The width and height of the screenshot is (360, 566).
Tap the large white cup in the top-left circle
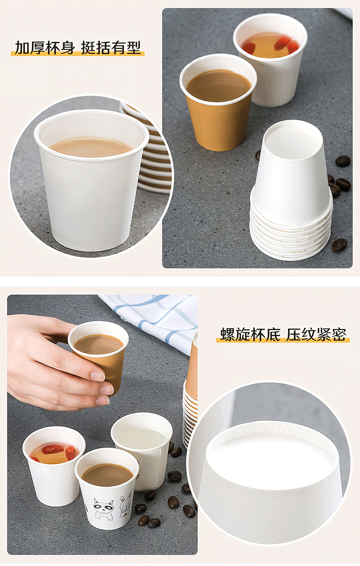click(x=91, y=177)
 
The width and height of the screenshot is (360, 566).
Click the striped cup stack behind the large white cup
click(x=149, y=149)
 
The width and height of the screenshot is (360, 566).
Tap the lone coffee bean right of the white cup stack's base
click(x=339, y=244)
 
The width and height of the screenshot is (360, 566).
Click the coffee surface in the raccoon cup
click(x=107, y=475)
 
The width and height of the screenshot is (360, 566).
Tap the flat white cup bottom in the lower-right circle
click(x=270, y=452)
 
